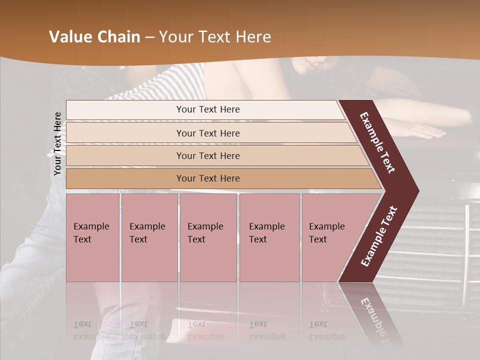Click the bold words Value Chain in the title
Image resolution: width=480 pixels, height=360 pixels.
pyautogui.click(x=94, y=37)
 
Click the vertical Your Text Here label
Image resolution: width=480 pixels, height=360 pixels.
pyautogui.click(x=57, y=143)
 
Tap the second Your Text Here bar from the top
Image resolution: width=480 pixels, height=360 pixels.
pyautogui.click(x=208, y=133)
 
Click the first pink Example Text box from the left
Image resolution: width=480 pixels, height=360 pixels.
pyautogui.click(x=92, y=237)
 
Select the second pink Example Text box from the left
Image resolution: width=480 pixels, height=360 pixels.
pyautogui.click(x=149, y=237)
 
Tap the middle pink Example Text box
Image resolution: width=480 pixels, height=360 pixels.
pyautogui.click(x=208, y=237)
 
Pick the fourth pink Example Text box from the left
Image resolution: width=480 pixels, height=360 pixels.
pyautogui.click(x=269, y=237)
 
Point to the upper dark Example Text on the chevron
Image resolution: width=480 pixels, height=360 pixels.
pyautogui.click(x=378, y=142)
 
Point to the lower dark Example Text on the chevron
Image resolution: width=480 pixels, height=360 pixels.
pyautogui.click(x=379, y=236)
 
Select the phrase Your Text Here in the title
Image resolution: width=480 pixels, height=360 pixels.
pyautogui.click(x=215, y=37)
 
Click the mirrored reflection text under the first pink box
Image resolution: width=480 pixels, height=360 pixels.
pyautogui.click(x=91, y=330)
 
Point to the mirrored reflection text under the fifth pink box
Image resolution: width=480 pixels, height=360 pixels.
pyautogui.click(x=326, y=330)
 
